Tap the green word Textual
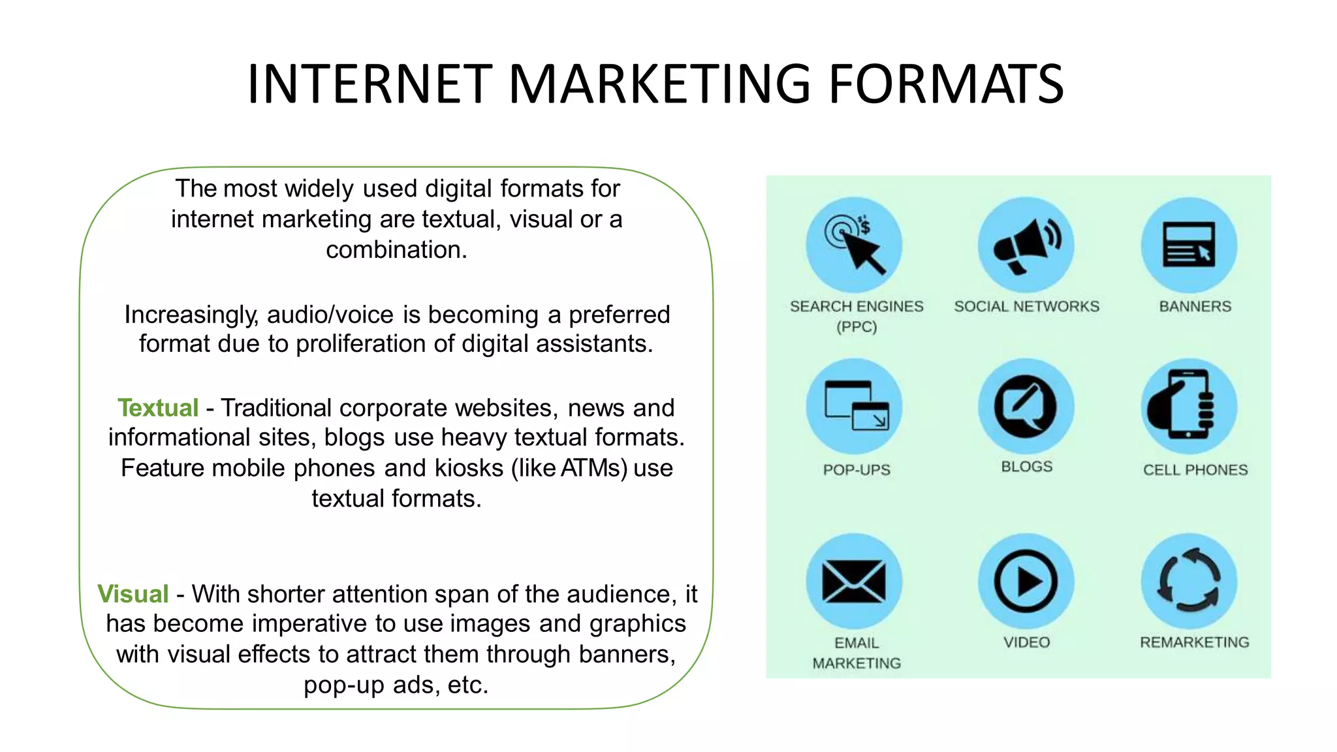point(158,408)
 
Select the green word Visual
point(133,594)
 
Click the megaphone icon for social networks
point(1026,245)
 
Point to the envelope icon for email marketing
point(854,582)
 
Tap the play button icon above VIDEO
point(1026,582)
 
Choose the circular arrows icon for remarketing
point(1189,581)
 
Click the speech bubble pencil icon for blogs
point(1025,406)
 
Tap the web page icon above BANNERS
point(1189,245)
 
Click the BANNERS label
point(1195,306)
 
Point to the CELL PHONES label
point(1195,470)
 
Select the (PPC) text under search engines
point(857,327)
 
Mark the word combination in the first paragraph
point(396,250)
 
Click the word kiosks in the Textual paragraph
point(469,468)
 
